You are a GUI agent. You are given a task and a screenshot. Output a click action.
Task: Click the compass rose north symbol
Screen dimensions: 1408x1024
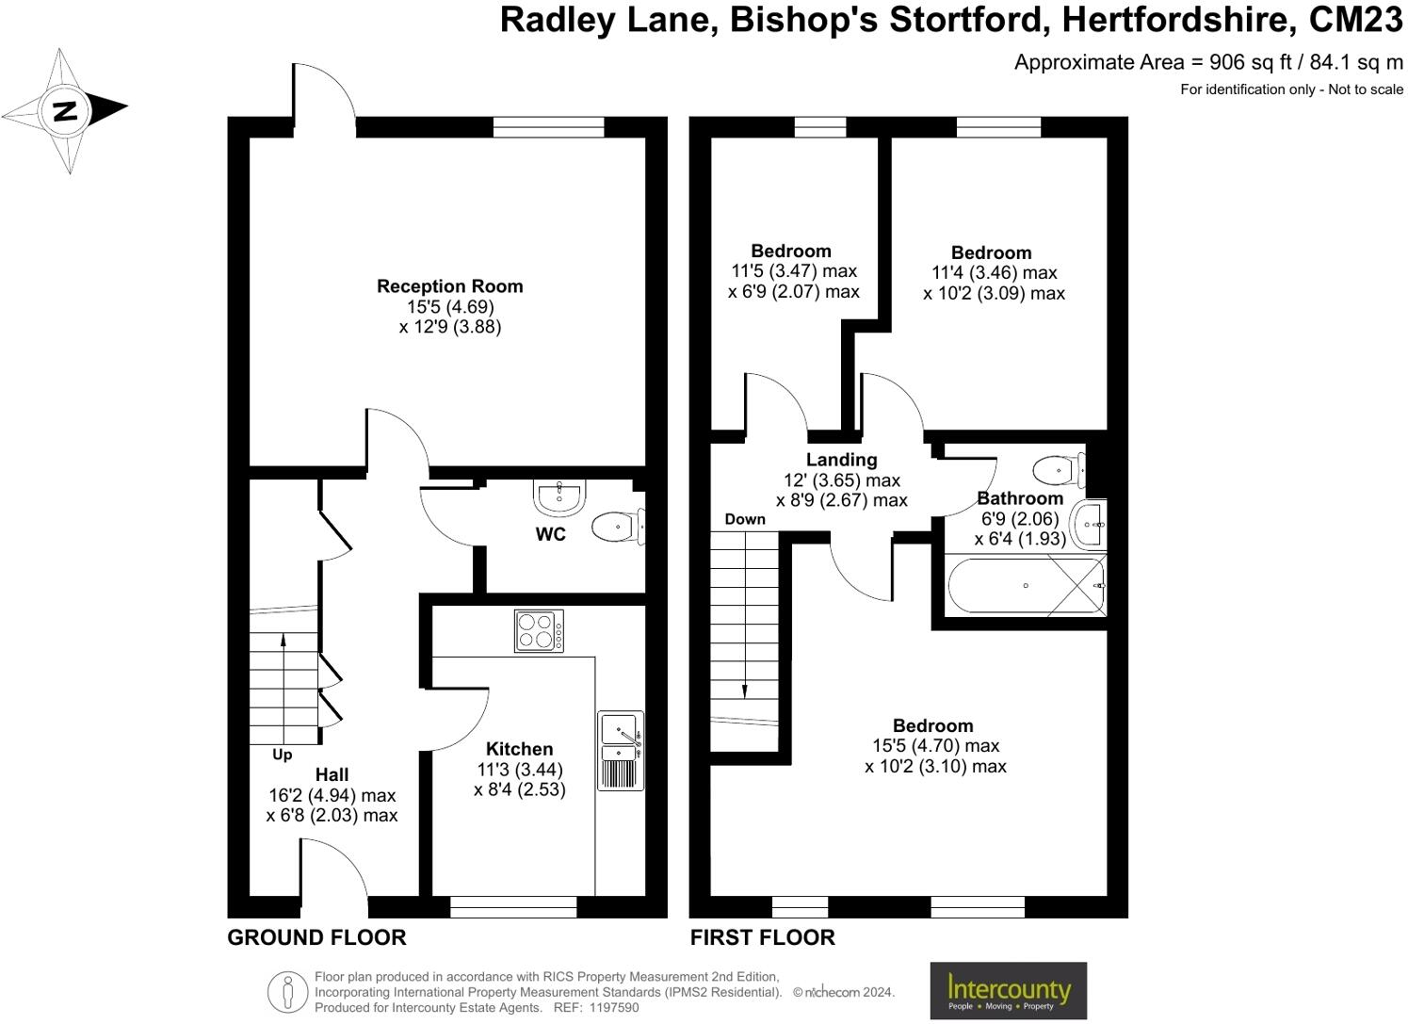pyautogui.click(x=64, y=110)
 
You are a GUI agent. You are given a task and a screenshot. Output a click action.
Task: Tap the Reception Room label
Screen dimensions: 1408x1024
pyautogui.click(x=449, y=286)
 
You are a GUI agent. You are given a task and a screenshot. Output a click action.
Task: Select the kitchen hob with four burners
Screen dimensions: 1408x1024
pyautogui.click(x=540, y=630)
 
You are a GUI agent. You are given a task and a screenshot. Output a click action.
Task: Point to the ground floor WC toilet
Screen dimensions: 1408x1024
pyautogui.click(x=618, y=527)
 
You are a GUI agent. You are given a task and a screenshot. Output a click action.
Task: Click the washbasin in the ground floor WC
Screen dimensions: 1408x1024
pyautogui.click(x=560, y=496)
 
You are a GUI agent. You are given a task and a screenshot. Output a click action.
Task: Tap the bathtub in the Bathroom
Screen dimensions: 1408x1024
pyautogui.click(x=1026, y=586)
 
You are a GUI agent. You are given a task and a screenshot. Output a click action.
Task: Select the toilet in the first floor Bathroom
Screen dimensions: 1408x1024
pyautogui.click(x=1059, y=469)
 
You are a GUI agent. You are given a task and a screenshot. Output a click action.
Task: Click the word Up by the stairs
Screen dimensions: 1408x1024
pyautogui.click(x=282, y=755)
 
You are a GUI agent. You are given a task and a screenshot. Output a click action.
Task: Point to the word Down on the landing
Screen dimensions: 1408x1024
pyautogui.click(x=745, y=519)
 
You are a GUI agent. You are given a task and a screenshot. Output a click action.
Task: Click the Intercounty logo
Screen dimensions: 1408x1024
pyautogui.click(x=1008, y=990)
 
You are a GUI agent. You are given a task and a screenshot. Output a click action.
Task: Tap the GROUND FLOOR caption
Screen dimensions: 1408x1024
pyautogui.click(x=316, y=937)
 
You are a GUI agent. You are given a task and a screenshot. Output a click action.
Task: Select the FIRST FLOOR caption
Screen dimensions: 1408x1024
pyautogui.click(x=762, y=937)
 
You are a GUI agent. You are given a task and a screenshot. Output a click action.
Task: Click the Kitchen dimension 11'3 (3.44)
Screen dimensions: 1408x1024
pyautogui.click(x=520, y=769)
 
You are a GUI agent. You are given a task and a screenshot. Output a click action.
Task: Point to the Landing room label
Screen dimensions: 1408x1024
pyautogui.click(x=841, y=460)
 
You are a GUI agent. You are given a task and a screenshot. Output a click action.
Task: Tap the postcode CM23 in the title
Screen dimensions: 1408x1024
pyautogui.click(x=1356, y=20)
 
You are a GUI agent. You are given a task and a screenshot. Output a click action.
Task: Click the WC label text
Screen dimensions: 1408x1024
pyautogui.click(x=551, y=535)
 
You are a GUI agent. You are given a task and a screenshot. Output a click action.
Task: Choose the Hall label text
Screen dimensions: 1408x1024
pyautogui.click(x=332, y=774)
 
